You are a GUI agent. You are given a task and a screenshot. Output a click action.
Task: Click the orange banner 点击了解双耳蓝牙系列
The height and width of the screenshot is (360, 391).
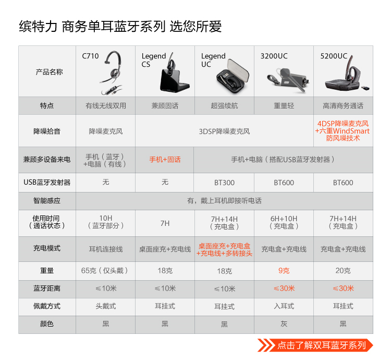tap(315, 345)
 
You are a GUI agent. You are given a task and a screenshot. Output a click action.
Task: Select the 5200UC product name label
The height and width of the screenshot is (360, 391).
tap(334, 56)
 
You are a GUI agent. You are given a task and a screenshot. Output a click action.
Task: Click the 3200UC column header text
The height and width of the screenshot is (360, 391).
tap(274, 56)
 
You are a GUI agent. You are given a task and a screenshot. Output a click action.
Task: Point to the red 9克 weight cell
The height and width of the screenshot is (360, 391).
tap(284, 271)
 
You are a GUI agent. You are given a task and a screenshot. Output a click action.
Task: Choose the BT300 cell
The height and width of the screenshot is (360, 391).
tap(224, 183)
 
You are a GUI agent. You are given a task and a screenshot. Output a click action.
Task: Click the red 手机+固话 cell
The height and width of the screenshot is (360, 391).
tap(165, 160)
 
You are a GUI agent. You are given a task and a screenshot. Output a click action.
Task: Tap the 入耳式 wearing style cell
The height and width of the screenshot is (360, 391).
tap(284, 306)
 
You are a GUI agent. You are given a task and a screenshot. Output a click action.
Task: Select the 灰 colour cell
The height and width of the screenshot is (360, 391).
tap(284, 324)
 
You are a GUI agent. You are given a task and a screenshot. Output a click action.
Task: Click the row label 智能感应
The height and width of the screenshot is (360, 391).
tap(47, 200)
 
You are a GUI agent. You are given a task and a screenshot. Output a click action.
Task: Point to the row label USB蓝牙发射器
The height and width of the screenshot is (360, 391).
tap(47, 183)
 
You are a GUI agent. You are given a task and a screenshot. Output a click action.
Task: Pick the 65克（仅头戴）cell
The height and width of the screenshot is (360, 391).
tap(104, 271)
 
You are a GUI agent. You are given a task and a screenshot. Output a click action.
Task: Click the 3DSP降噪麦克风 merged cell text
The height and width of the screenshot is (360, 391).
tap(224, 131)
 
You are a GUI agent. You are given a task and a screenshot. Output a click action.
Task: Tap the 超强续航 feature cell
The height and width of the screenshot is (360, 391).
tap(224, 106)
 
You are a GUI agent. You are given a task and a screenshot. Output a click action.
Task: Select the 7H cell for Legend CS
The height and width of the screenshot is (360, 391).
tap(165, 223)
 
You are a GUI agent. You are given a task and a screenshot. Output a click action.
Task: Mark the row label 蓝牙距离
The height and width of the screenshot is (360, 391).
tap(47, 289)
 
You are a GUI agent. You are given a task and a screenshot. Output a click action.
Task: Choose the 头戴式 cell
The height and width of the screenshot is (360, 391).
tap(106, 306)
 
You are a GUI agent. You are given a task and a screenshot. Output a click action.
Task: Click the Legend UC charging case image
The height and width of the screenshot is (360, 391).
tap(233, 76)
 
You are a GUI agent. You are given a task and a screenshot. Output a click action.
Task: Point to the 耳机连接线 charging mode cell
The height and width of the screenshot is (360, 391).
tap(106, 249)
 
